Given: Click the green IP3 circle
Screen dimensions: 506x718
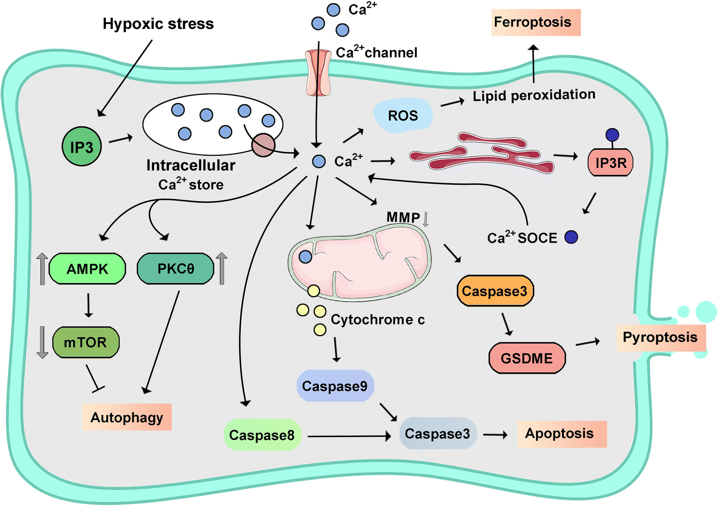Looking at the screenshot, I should (x=81, y=147).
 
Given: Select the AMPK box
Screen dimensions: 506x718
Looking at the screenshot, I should (x=87, y=269).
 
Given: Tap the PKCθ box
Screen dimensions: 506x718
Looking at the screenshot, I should (x=175, y=269).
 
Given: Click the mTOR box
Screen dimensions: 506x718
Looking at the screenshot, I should (x=86, y=342).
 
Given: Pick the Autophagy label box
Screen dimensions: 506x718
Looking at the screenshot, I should (x=127, y=417).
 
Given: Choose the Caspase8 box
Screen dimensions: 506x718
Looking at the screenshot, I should (x=262, y=434).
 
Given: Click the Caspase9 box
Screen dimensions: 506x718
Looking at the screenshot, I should (x=335, y=386).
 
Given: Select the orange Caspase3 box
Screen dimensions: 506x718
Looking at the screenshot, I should (x=495, y=291).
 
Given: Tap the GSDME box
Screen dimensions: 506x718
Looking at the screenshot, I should (x=527, y=358).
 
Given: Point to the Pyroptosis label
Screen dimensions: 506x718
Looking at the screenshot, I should (x=660, y=337).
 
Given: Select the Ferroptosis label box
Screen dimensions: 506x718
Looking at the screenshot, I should (x=535, y=22).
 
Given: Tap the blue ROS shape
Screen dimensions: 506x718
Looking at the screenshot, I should (x=403, y=115).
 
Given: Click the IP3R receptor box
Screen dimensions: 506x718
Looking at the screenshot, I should (x=610, y=163).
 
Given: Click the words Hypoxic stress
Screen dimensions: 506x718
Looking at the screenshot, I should (x=158, y=24).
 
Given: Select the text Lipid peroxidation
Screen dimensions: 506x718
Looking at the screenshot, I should (x=534, y=95).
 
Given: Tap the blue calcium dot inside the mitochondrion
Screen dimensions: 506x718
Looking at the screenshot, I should (x=305, y=257).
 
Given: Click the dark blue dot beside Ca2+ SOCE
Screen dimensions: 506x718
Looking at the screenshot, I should (x=571, y=237).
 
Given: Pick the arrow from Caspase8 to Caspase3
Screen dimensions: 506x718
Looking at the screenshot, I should (x=349, y=436).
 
